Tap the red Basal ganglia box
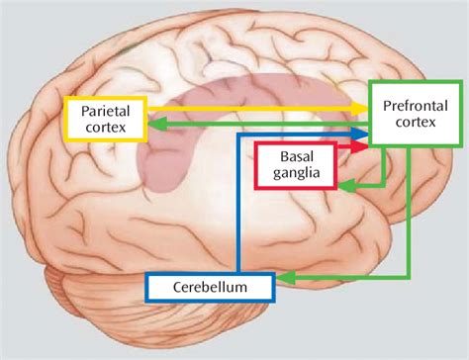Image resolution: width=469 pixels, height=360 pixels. (295, 165)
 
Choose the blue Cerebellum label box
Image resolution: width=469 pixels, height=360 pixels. (209, 287)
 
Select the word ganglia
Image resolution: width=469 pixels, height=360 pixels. (295, 175)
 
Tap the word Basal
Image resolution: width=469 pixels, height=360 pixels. (295, 157)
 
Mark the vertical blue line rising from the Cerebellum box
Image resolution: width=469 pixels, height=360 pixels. (237, 208)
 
